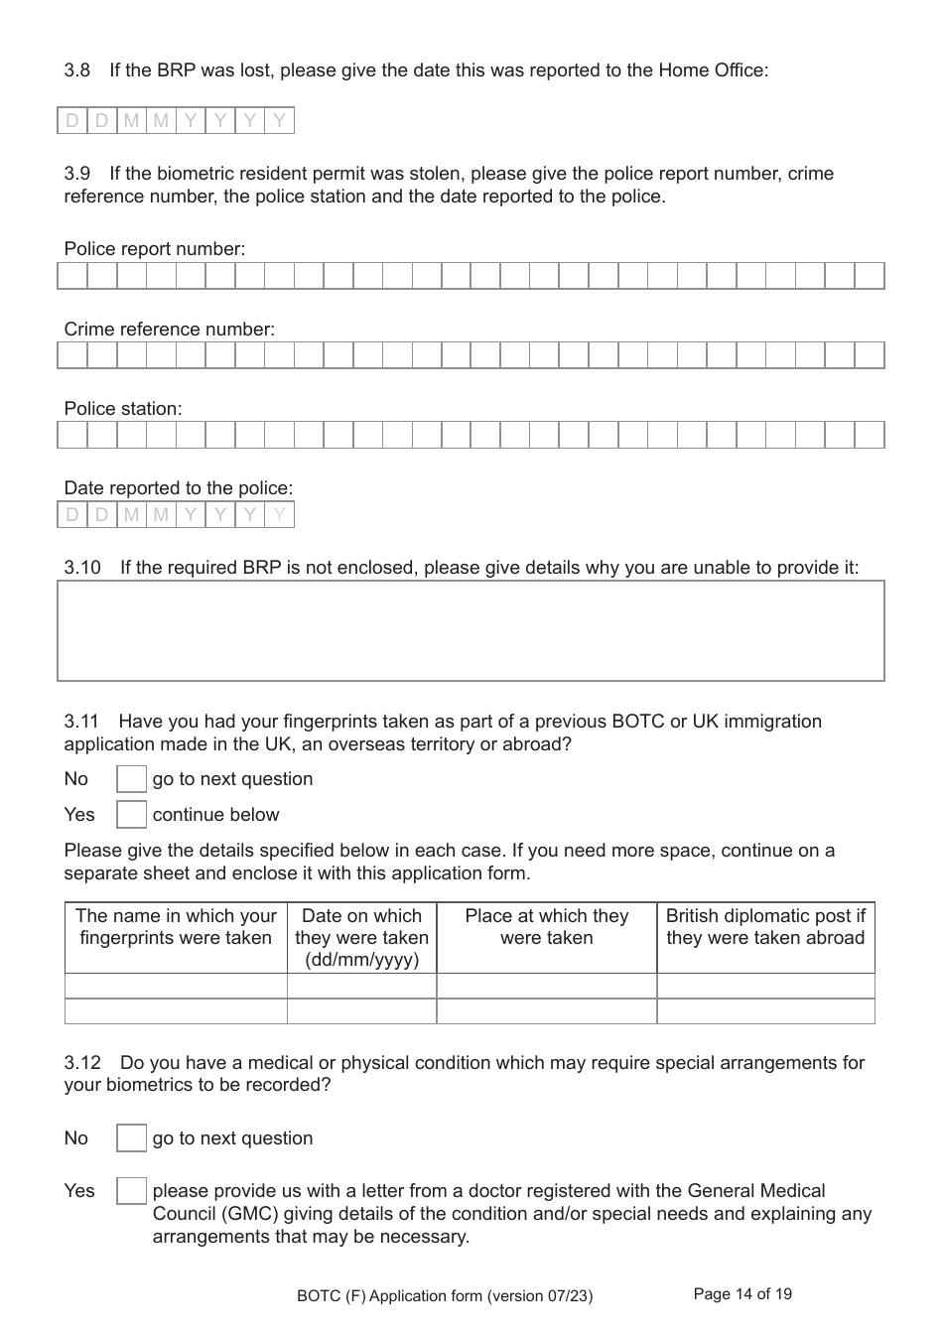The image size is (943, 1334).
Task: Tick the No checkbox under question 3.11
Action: (131, 779)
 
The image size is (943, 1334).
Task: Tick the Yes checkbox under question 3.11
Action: (131, 815)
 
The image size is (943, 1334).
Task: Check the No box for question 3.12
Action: (131, 1138)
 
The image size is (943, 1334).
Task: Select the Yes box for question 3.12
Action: (131, 1191)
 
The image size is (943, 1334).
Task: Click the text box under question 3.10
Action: (471, 631)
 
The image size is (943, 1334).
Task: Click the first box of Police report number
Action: (72, 276)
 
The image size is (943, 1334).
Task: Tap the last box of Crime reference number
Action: (870, 355)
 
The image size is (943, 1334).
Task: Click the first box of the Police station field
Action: (72, 435)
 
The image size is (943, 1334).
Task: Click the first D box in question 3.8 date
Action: (72, 121)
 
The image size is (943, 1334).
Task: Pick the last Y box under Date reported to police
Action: (280, 514)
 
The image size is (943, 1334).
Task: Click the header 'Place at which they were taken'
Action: (546, 927)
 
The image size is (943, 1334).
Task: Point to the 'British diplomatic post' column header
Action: (765, 927)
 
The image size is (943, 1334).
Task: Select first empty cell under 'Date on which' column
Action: (361, 986)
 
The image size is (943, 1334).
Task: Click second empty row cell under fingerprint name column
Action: (176, 1011)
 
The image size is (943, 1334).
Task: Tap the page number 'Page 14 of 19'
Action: (742, 1294)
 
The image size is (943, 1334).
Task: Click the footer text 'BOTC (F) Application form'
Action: (445, 1295)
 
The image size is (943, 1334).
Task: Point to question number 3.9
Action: (77, 174)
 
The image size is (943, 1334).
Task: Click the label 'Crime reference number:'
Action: (170, 330)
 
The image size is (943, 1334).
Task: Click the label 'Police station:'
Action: (123, 409)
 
